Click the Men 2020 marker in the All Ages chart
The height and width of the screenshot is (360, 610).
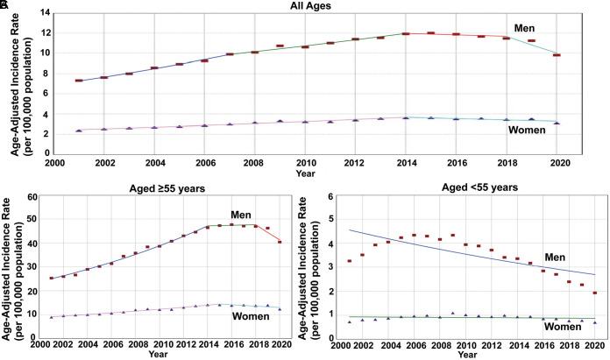(x=556, y=55)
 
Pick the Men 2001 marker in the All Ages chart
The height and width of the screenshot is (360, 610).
(x=79, y=81)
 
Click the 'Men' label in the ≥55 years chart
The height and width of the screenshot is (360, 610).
(x=241, y=215)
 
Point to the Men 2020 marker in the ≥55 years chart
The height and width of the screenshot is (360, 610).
(x=280, y=242)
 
